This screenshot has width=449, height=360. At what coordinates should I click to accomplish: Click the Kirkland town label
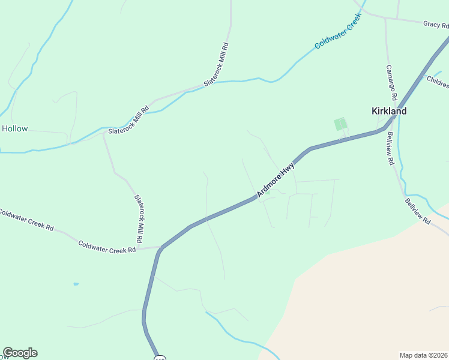click(389, 111)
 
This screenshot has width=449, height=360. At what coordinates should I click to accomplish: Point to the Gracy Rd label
click(436, 25)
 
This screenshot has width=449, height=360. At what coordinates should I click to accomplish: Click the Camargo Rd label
click(391, 83)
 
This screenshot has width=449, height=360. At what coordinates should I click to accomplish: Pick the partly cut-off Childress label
click(438, 81)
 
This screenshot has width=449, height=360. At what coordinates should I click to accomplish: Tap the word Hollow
click(14, 128)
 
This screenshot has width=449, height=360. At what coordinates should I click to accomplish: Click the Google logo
click(20, 353)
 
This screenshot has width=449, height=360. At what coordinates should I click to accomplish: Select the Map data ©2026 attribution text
click(423, 355)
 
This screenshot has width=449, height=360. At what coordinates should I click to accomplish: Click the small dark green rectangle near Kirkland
click(340, 124)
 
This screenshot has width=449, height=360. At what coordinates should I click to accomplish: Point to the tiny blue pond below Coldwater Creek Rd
click(76, 284)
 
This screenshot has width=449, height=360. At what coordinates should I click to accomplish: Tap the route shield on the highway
click(159, 357)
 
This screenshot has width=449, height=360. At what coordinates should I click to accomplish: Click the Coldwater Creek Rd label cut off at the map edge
click(26, 220)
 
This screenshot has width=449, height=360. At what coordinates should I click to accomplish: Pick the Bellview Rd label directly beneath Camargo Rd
click(390, 149)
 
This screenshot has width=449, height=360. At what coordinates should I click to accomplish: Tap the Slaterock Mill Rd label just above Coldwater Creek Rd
click(139, 218)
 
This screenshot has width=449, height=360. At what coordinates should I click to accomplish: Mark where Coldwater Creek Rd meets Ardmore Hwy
click(161, 247)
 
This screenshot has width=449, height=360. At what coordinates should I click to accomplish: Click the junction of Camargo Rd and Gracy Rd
click(385, 17)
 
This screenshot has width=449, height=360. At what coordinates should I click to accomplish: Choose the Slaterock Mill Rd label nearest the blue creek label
click(217, 64)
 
